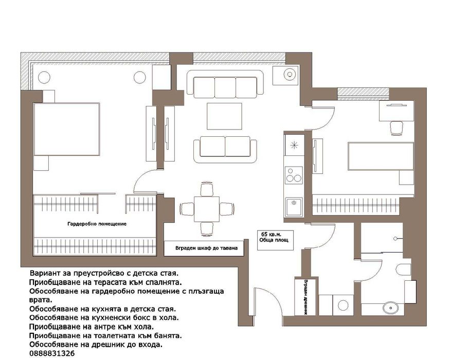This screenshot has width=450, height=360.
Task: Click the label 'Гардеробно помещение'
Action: pyautogui.click(x=97, y=224)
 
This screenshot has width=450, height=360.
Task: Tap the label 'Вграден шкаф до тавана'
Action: pyautogui.click(x=206, y=248)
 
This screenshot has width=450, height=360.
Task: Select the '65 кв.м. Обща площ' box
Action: pyautogui.click(x=275, y=240)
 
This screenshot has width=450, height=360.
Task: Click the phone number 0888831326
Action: pyautogui.click(x=52, y=353)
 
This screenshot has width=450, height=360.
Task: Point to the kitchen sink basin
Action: pyautogui.click(x=294, y=207)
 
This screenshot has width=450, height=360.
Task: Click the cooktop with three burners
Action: pyautogui.click(x=294, y=175)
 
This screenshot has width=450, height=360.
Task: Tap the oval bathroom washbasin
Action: pyautogui.click(x=390, y=308)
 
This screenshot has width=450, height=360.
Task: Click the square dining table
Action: pyautogui.click(x=207, y=209)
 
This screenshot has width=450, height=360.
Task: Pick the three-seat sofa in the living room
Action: pyautogui.click(x=225, y=83)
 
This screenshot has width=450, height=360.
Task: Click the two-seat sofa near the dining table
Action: pyautogui.click(x=225, y=149)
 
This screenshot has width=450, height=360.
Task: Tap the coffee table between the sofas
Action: pyautogui.click(x=224, y=116)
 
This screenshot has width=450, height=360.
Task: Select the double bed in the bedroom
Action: pyautogui.click(x=66, y=129)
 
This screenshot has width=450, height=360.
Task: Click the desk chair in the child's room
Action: pyautogui.click(x=397, y=128)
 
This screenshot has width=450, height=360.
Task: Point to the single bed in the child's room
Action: pyautogui.click(x=381, y=156)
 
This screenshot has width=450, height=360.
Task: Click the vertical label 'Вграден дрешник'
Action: pyautogui.click(x=305, y=297)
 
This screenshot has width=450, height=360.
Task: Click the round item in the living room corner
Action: pyautogui.click(x=290, y=75)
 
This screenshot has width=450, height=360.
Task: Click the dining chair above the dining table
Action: pyautogui.click(x=207, y=189)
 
